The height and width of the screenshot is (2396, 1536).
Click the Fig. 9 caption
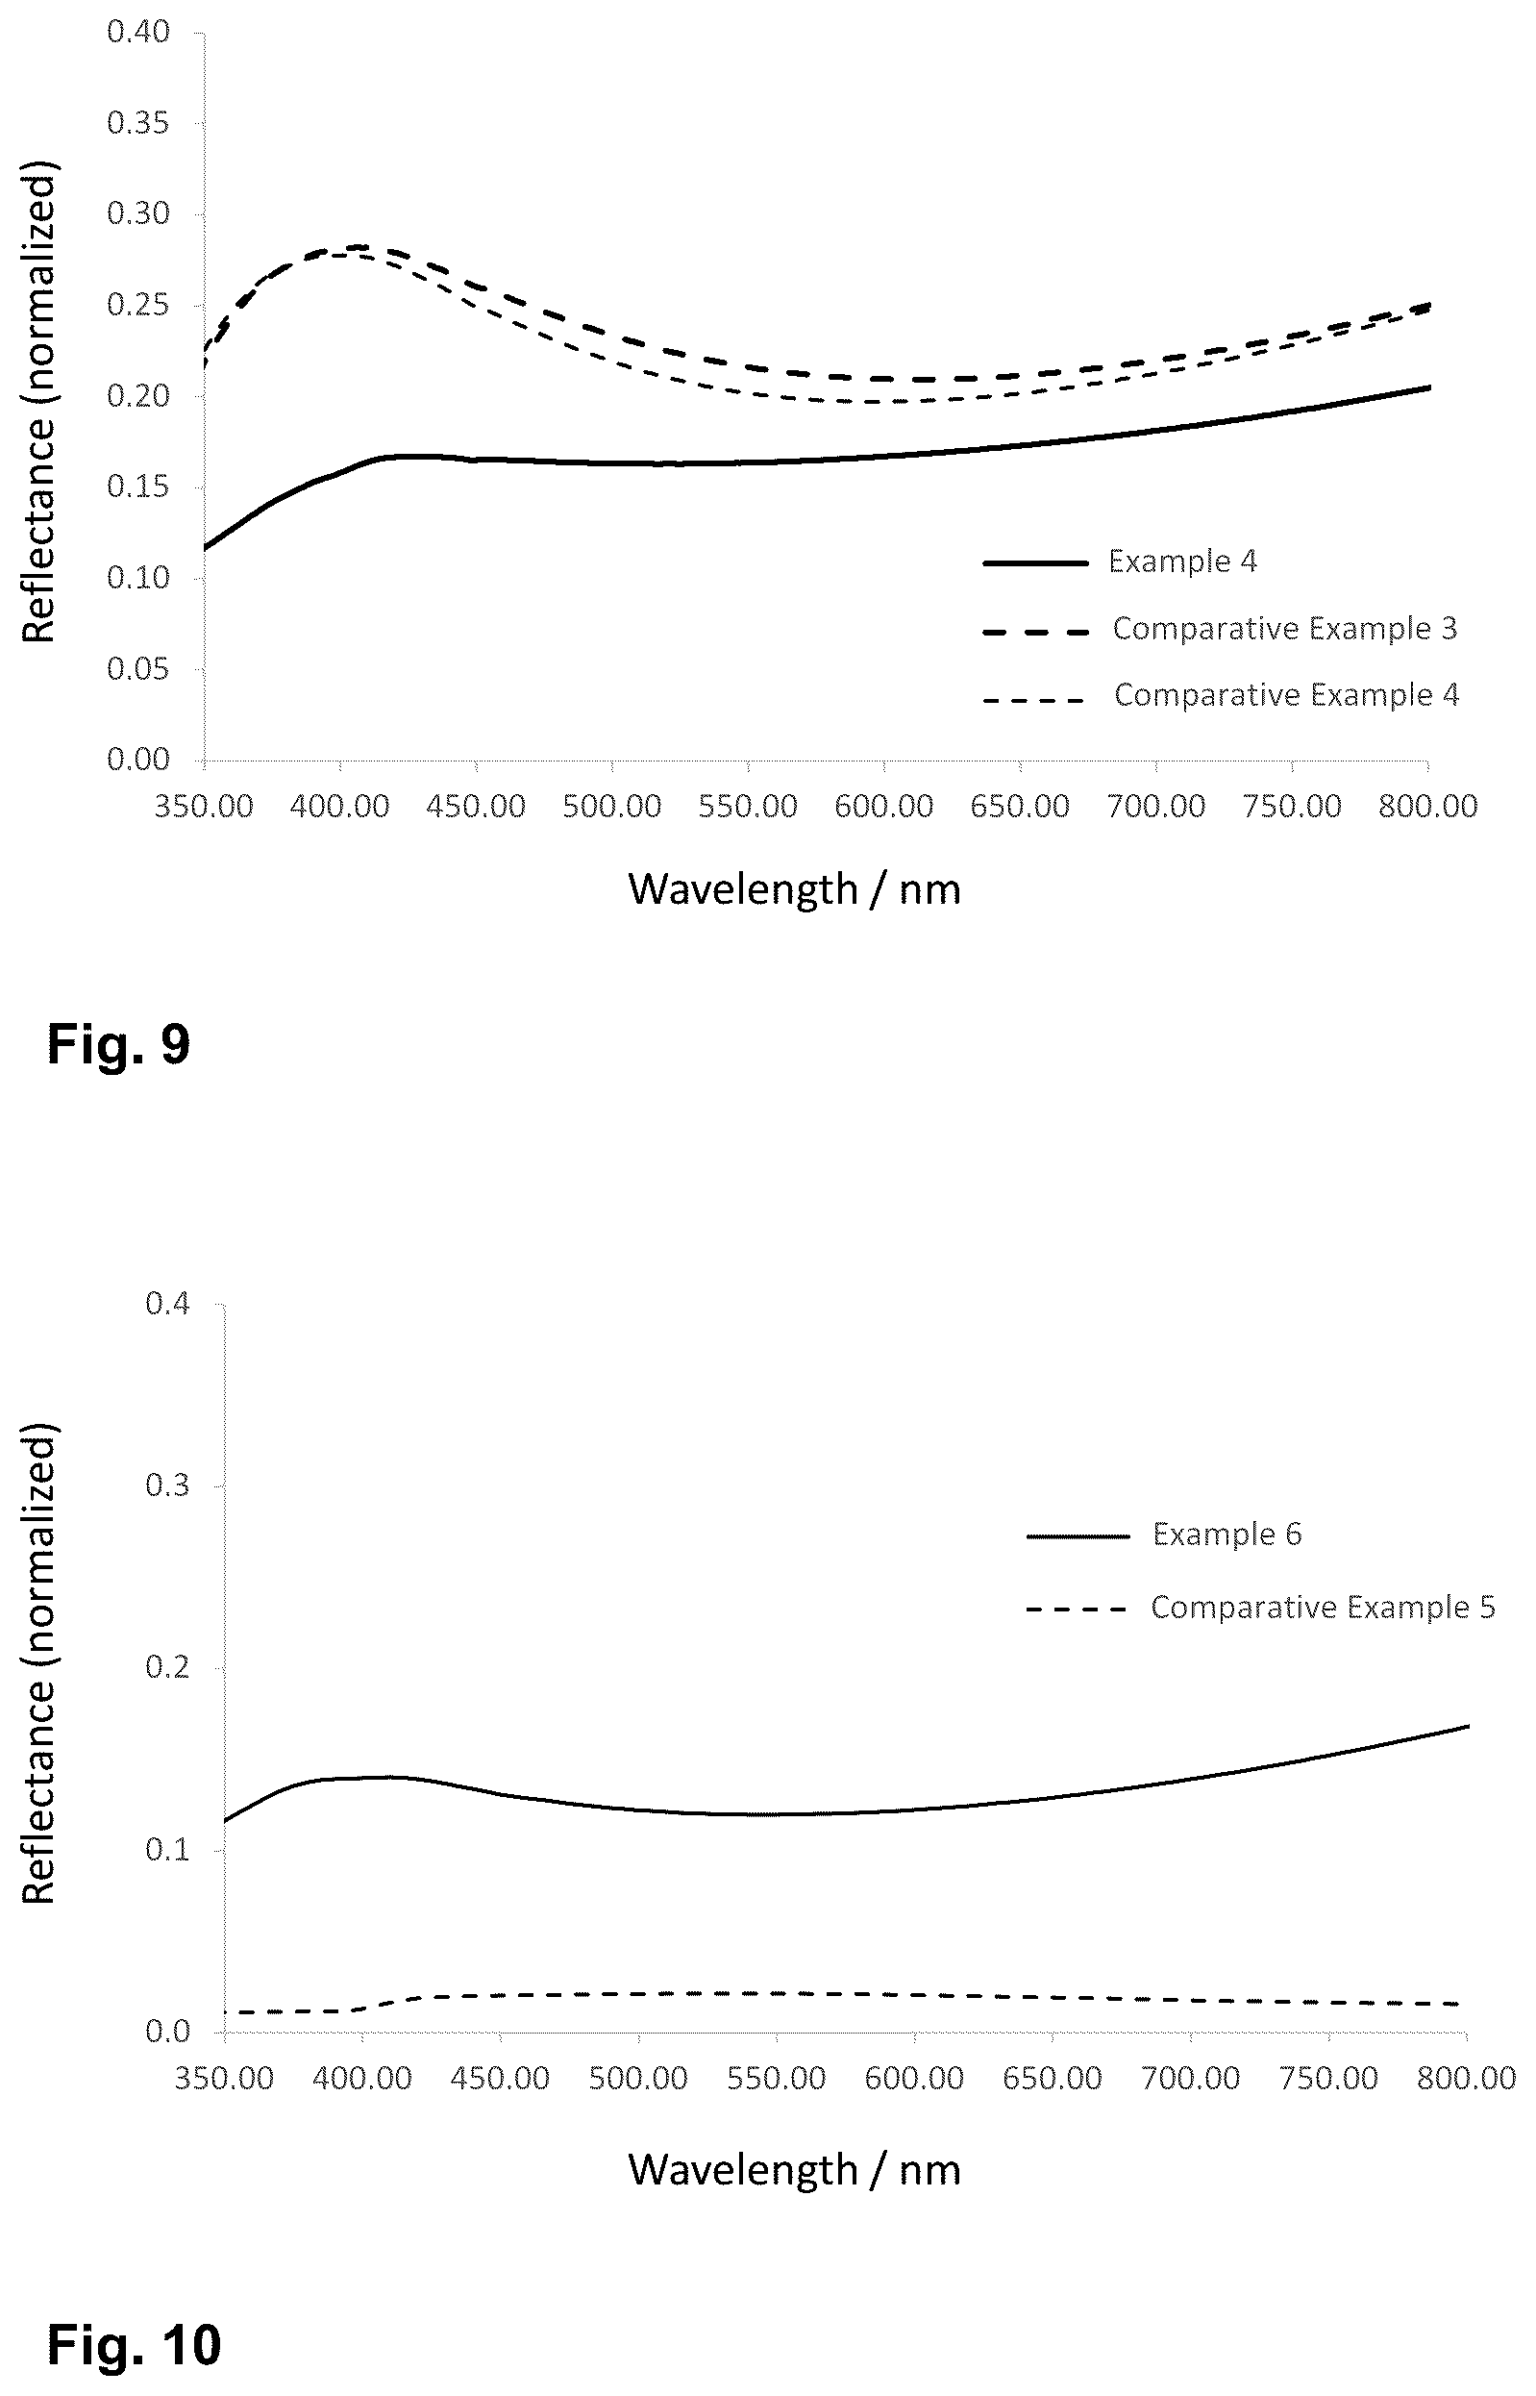click(x=118, y=1044)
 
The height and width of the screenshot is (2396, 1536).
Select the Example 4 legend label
click(x=1183, y=562)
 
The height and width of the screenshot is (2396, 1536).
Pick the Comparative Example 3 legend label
click(x=1286, y=629)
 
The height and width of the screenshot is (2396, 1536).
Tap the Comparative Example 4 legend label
click(x=1287, y=695)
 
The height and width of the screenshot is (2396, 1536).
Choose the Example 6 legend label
click(x=1226, y=1535)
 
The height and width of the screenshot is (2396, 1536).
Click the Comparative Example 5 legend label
click(x=1324, y=1607)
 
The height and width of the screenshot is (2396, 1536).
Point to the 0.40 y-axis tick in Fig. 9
click(x=138, y=32)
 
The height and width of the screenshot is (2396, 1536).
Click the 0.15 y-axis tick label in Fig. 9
click(x=138, y=487)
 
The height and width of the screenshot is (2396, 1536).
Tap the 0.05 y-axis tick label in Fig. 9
click(x=138, y=668)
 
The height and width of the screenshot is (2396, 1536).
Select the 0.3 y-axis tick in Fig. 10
click(x=167, y=1485)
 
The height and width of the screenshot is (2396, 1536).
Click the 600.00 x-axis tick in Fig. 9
click(x=883, y=806)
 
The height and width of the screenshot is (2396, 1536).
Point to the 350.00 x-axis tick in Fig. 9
click(x=204, y=806)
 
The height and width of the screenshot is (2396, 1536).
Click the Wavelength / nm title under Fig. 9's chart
click(x=794, y=888)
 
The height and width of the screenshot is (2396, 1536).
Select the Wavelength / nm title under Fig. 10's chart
click(x=794, y=2168)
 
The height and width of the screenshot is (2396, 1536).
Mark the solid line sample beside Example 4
click(x=1035, y=562)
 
